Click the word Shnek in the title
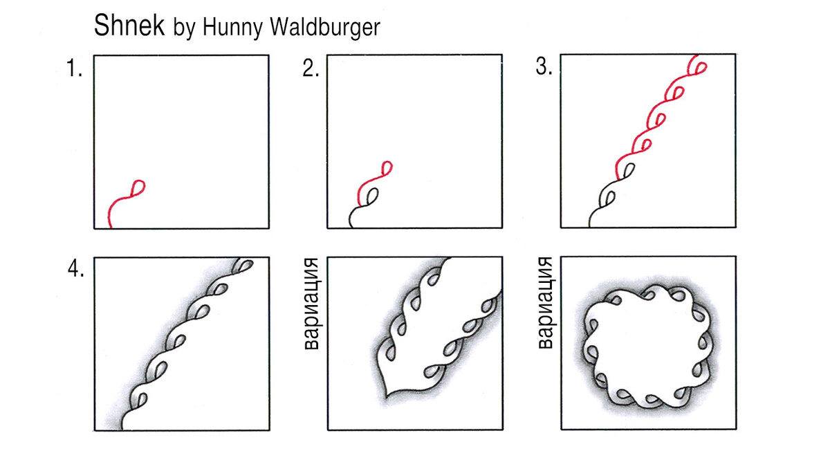point(129,27)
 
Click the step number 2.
point(310,68)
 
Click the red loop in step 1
point(138,187)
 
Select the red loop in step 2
point(386,167)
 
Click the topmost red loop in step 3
point(700,68)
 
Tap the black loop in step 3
point(608,198)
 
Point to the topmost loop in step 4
point(244,264)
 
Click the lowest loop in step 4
point(142,399)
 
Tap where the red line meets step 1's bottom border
point(109,227)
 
